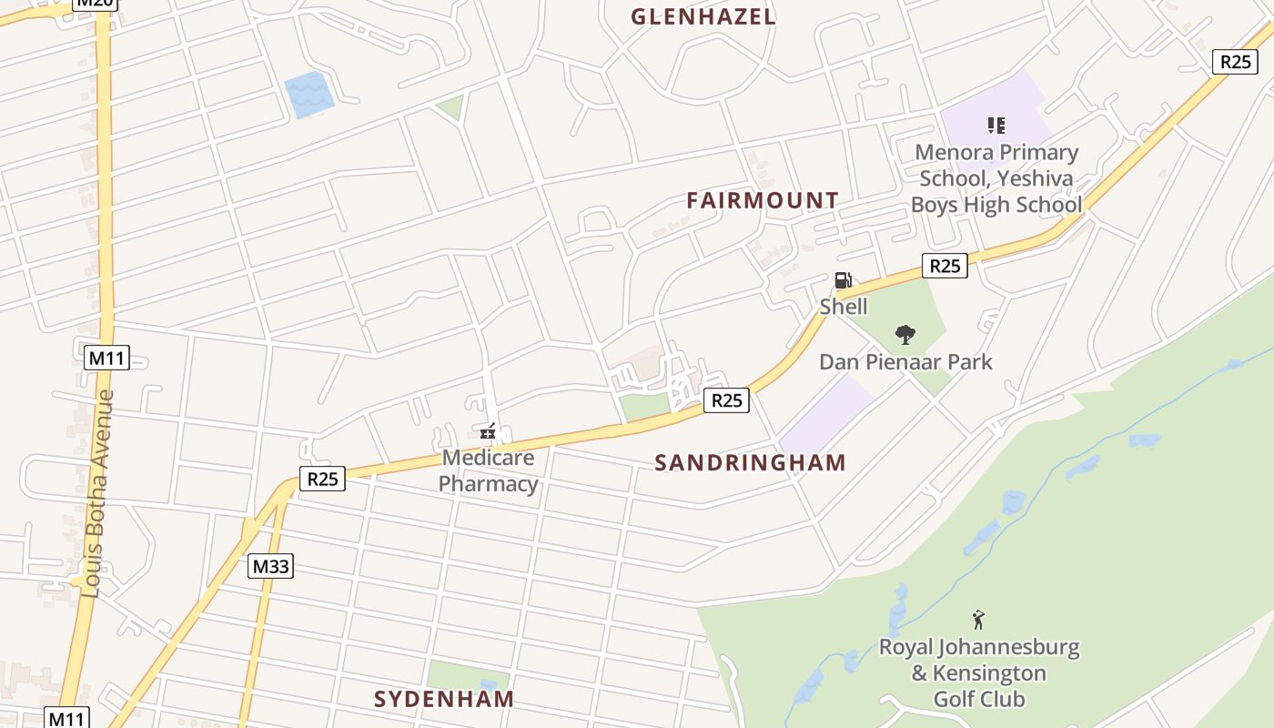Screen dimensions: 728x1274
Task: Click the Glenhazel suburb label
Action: point(703,16)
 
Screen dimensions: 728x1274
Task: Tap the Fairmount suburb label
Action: point(763,200)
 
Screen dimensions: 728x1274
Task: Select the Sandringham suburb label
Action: point(751,462)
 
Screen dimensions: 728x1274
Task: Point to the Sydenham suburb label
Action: point(444,699)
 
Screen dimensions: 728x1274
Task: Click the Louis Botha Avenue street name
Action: point(97,493)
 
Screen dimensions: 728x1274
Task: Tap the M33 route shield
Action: point(270,566)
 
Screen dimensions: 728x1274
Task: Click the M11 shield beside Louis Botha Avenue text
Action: point(106,358)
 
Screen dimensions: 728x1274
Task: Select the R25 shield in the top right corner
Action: point(1235,61)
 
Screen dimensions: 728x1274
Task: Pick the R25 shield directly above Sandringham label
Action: point(726,400)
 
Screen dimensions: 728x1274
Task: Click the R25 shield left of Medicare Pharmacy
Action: point(322,479)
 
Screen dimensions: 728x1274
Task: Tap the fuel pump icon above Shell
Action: point(844,280)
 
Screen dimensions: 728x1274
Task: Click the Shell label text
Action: point(844,307)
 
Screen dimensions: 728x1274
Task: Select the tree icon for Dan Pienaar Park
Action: point(905,335)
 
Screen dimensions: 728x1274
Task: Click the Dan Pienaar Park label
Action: point(905,362)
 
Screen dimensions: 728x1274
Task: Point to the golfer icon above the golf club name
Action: point(978,621)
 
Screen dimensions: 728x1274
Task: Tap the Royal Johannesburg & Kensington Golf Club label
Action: point(979,673)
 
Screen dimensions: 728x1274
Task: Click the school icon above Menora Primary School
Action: point(996,126)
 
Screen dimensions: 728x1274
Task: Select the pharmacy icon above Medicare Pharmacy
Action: point(489,430)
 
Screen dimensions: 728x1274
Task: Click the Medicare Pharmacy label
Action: point(489,470)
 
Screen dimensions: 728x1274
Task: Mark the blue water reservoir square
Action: point(308,96)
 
